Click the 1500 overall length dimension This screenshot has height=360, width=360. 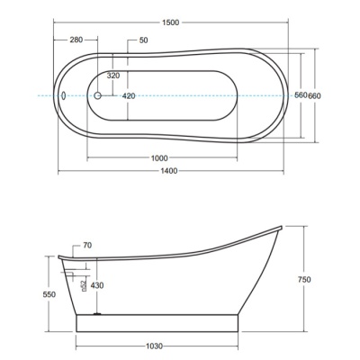[171, 22]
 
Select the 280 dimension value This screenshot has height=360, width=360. [76, 40]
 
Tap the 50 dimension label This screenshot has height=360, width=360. [144, 40]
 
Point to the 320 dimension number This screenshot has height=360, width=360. [113, 76]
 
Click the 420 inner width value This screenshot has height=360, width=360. [129, 96]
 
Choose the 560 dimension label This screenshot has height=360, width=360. [301, 95]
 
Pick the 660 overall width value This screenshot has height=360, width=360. [314, 96]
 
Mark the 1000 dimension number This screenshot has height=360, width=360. [159, 158]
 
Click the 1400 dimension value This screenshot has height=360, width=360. [169, 171]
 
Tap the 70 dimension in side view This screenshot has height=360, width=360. [87, 246]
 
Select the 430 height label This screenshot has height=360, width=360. [97, 285]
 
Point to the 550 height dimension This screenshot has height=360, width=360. [49, 294]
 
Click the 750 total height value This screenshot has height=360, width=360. [304, 280]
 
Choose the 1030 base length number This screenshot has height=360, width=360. [154, 346]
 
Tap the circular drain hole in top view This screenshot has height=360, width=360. [97, 95]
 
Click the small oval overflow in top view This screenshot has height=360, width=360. [63, 95]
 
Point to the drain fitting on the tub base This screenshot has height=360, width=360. [97, 313]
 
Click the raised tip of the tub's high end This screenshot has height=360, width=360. [281, 227]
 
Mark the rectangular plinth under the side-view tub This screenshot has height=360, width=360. [157, 323]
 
